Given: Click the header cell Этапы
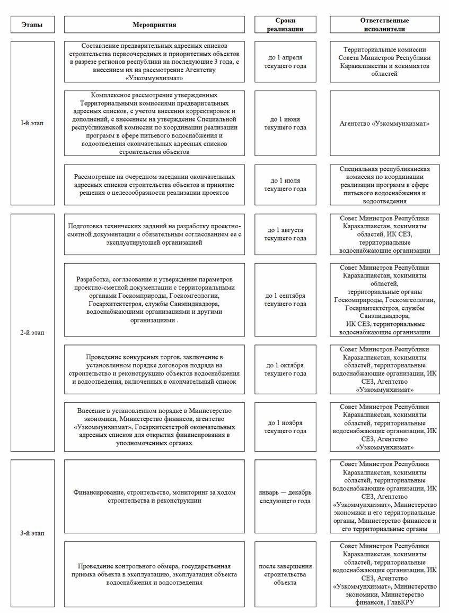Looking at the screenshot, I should (32, 24).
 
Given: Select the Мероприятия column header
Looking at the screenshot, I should (154, 24).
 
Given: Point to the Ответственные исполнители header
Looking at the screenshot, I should (384, 24).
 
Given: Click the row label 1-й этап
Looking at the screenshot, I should (32, 123).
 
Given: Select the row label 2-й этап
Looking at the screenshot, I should (32, 333).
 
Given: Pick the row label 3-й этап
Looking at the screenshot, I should (32, 533).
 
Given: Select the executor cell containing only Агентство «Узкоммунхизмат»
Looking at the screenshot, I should (384, 123).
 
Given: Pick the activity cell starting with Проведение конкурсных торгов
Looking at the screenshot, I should (154, 369).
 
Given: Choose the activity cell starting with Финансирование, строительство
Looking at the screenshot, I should (154, 496).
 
